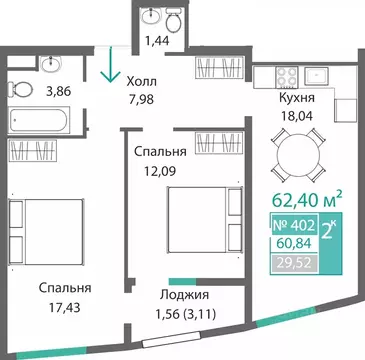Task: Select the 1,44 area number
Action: click(156, 41)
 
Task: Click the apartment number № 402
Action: click(296, 225)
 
